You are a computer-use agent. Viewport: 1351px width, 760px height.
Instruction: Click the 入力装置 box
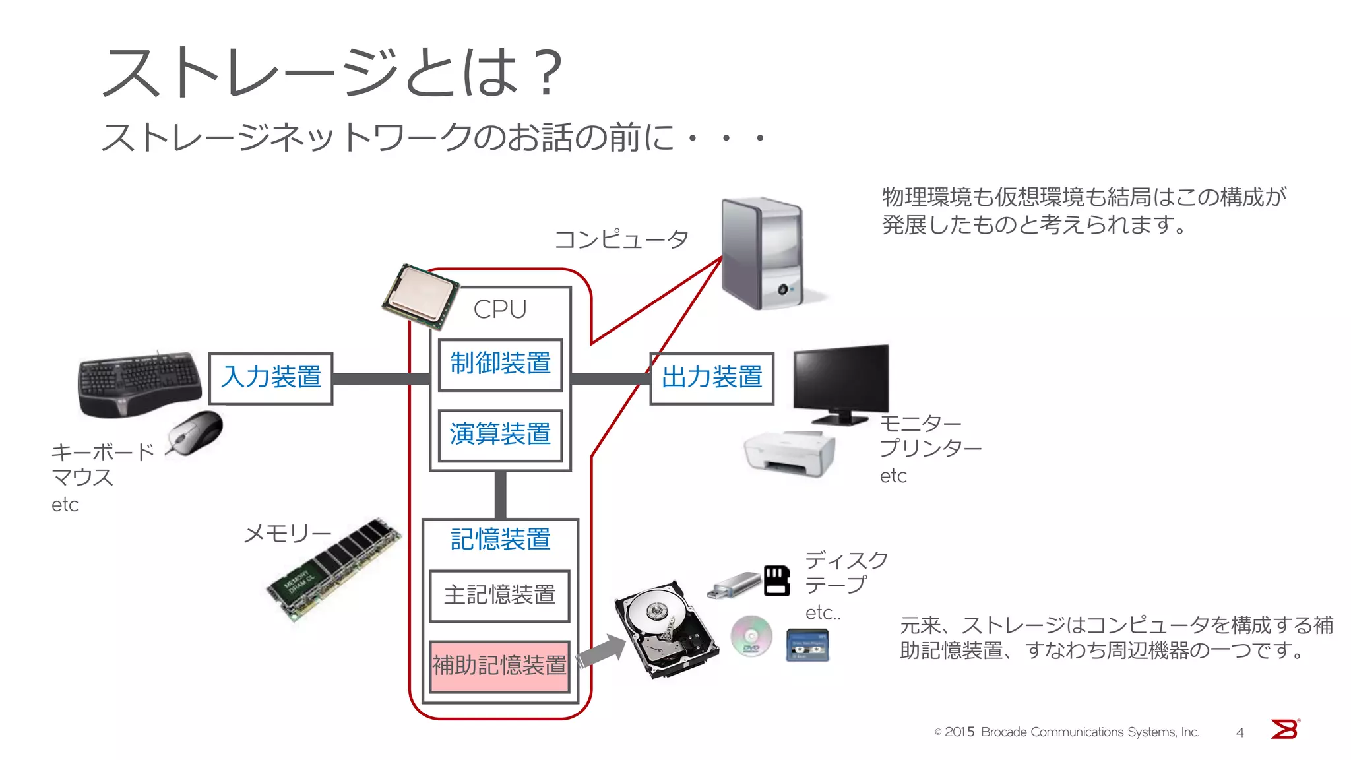pyautogui.click(x=270, y=378)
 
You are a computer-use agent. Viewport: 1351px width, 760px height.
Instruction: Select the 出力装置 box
pyautogui.click(x=711, y=378)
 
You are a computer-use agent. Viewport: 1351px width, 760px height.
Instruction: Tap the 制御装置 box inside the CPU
pyautogui.click(x=500, y=364)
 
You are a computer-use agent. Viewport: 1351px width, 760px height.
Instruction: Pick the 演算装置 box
pyautogui.click(x=500, y=435)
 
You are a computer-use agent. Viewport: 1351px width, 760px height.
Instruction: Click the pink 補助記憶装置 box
pyautogui.click(x=499, y=666)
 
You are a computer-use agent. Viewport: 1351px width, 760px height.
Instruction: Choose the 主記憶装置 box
pyautogui.click(x=499, y=596)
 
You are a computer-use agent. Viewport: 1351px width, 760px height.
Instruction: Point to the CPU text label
pyautogui.click(x=500, y=309)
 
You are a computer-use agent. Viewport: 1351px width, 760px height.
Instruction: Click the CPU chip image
pyautogui.click(x=420, y=296)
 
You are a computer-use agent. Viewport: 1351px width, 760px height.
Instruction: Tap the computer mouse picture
pyautogui.click(x=196, y=432)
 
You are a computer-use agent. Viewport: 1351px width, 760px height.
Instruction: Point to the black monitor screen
pyautogui.click(x=840, y=379)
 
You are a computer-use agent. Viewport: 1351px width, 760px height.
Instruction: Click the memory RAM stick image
pyautogui.click(x=335, y=569)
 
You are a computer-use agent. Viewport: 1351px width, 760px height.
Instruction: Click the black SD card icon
pyautogui.click(x=777, y=581)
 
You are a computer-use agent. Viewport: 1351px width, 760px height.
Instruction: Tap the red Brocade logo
pyautogui.click(x=1284, y=730)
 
